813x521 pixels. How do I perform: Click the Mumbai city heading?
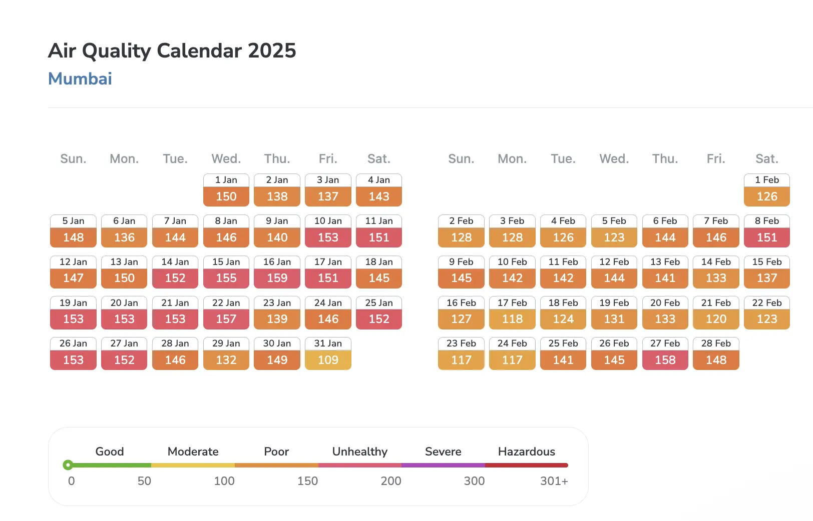[80, 78]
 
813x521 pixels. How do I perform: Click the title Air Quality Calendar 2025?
[172, 50]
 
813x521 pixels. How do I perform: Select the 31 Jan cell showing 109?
[328, 353]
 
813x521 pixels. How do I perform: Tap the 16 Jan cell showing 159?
[277, 272]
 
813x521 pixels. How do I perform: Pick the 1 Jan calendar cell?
[226, 190]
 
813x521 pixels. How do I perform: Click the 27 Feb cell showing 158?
[665, 353]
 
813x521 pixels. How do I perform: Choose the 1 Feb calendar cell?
[766, 190]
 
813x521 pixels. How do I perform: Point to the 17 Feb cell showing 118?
[512, 312]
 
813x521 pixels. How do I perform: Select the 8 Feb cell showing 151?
[766, 231]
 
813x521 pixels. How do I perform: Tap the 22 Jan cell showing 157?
[226, 312]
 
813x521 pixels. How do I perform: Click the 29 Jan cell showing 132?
[226, 353]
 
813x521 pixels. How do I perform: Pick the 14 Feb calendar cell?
[716, 272]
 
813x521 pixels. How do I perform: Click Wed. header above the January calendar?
[226, 159]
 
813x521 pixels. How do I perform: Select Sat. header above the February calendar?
[766, 159]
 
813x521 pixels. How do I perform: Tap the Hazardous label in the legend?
[526, 451]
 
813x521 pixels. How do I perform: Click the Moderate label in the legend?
[193, 451]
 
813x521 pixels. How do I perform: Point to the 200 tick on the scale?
[390, 481]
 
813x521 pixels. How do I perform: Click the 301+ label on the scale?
[554, 481]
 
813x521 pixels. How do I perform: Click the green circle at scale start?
[68, 465]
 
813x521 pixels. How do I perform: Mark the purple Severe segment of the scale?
[443, 465]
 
